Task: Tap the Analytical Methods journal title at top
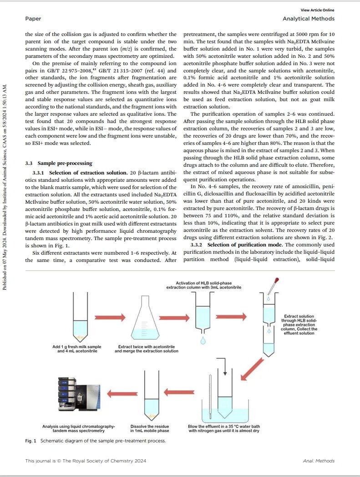[308, 19]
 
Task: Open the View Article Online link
[317, 10]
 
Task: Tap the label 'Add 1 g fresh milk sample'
[77, 347]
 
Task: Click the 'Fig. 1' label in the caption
[31, 441]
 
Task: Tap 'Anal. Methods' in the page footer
[318, 461]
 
